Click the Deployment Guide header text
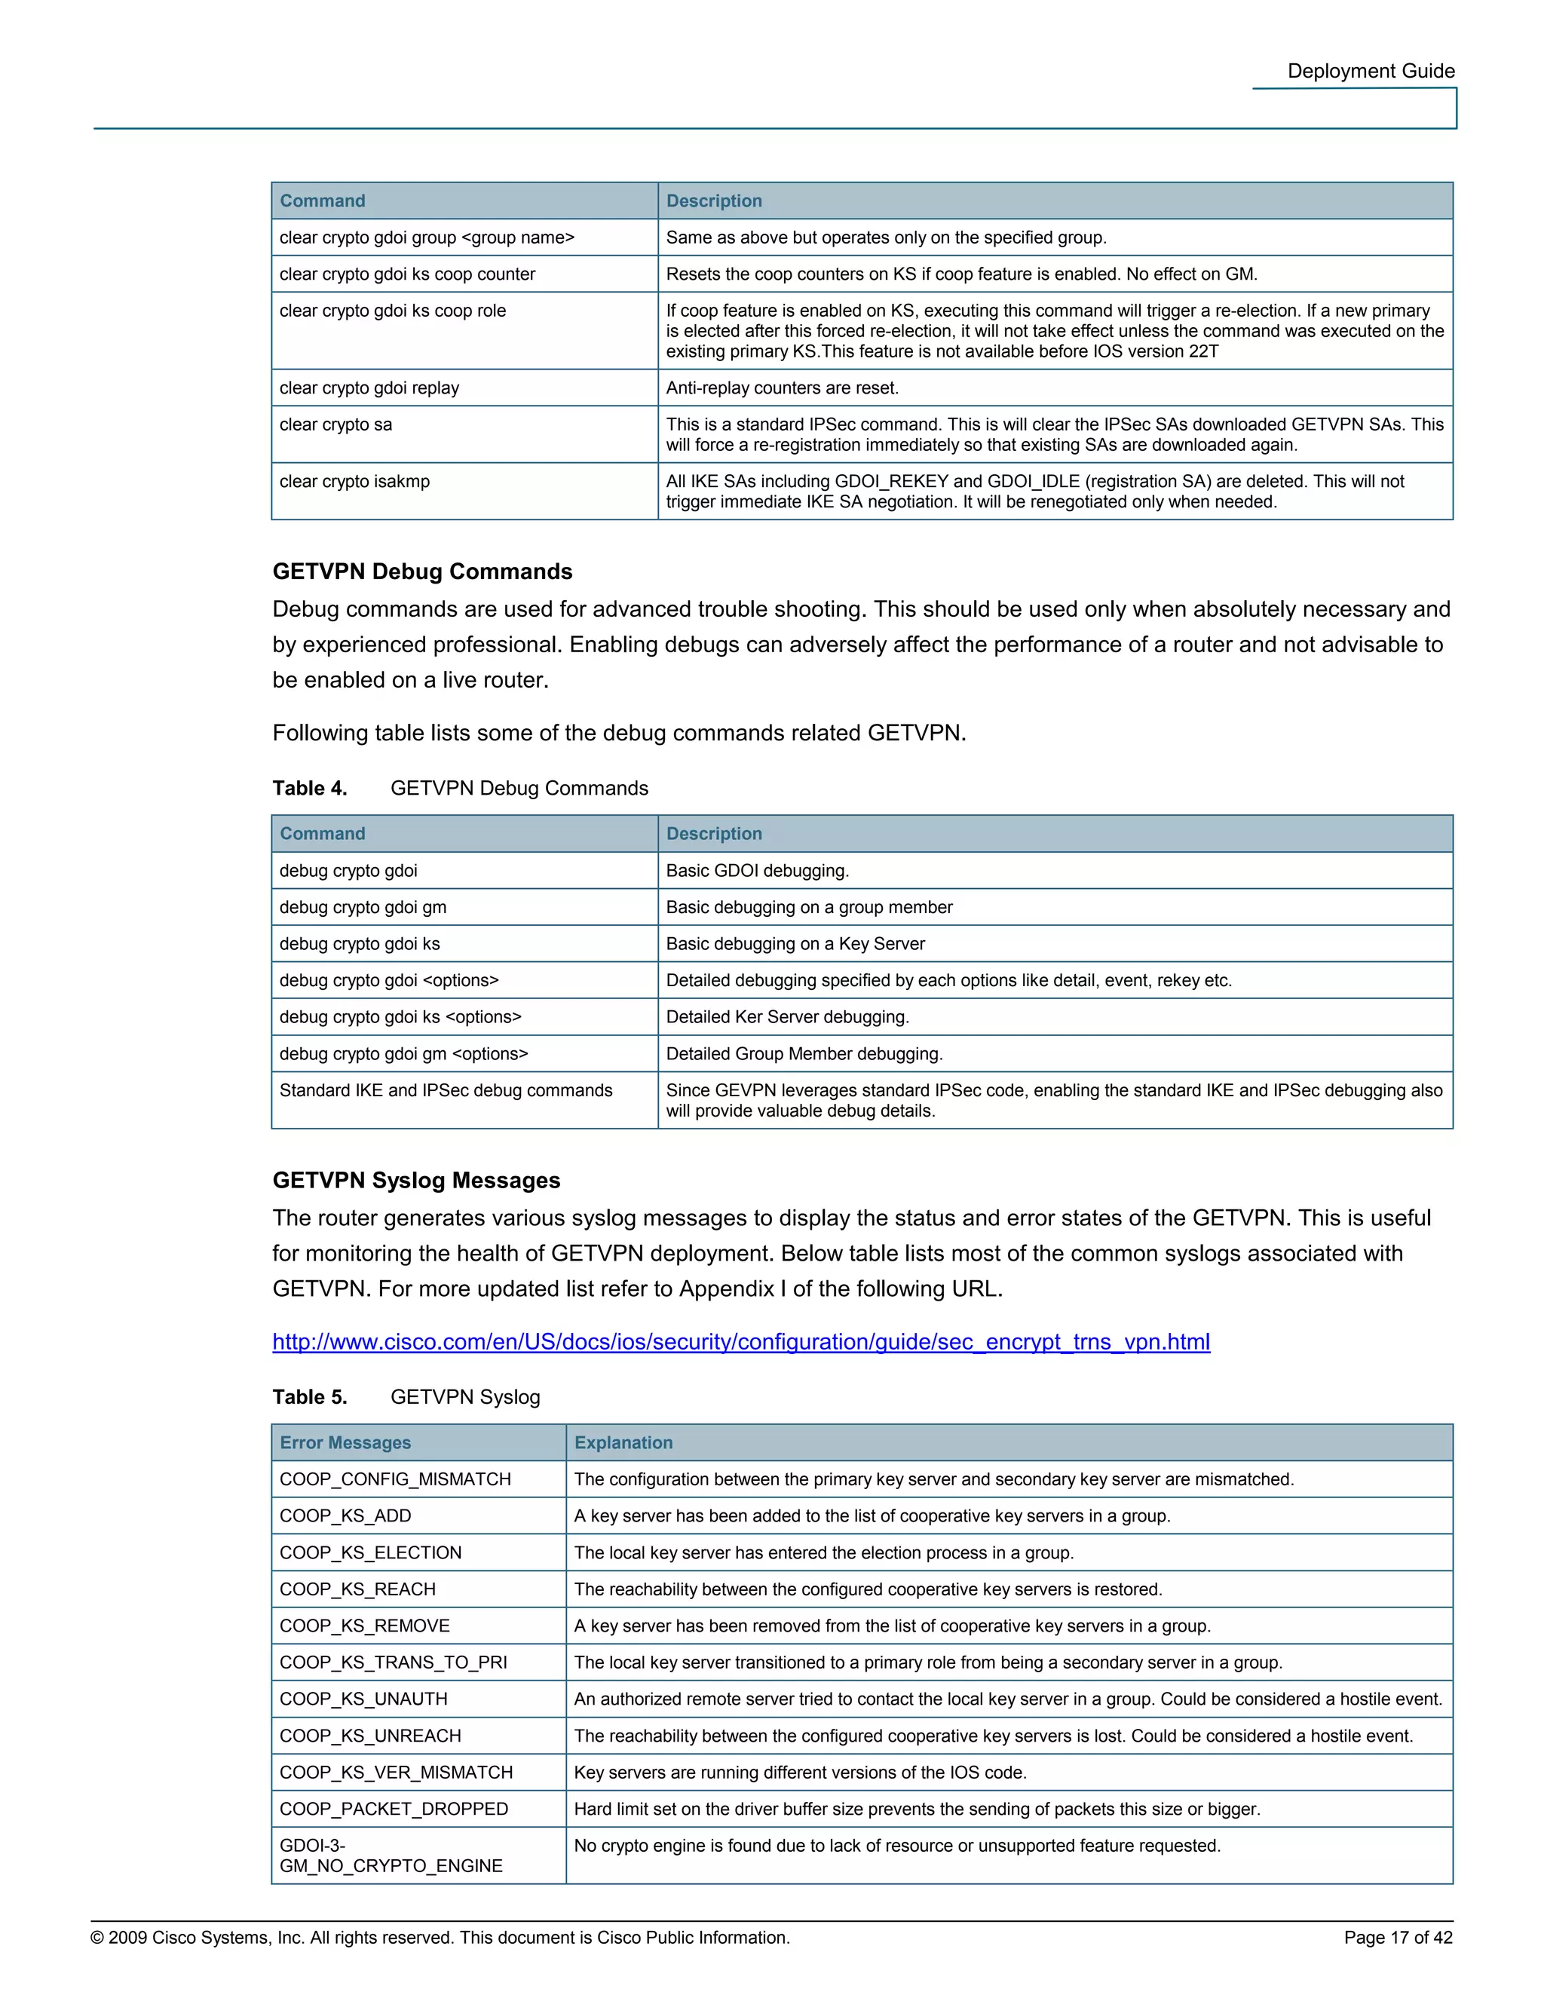click(1370, 72)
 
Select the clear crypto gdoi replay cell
click(369, 388)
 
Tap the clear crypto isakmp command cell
click(354, 481)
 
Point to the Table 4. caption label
click(309, 789)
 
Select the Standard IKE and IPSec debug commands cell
click(446, 1090)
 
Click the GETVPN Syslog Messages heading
click(416, 1180)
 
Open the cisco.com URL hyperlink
click(741, 1342)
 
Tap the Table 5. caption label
click(309, 1397)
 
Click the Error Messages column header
click(345, 1442)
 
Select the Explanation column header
click(623, 1442)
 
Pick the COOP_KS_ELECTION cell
click(370, 1552)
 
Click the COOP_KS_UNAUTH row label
click(363, 1699)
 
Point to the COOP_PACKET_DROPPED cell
click(394, 1809)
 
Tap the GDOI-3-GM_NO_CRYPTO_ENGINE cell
click(391, 1856)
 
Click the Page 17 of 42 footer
click(1397, 1938)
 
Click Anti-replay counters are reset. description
click(781, 388)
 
